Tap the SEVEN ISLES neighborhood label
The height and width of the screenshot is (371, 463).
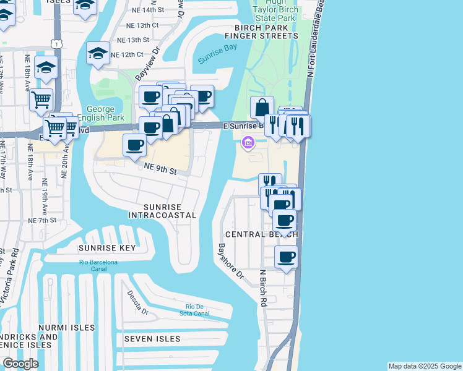(x=152, y=339)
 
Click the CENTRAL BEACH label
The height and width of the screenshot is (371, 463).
(x=262, y=235)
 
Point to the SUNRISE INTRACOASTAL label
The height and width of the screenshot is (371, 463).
(x=162, y=211)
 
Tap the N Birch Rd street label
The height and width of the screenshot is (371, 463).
(x=263, y=288)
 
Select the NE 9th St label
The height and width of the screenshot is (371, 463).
(x=160, y=169)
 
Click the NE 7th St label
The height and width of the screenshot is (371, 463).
(x=42, y=220)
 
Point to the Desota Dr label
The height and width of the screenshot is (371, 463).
(x=138, y=302)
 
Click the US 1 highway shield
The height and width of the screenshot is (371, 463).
(x=57, y=43)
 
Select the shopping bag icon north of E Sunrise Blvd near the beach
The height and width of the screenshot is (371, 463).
(x=262, y=107)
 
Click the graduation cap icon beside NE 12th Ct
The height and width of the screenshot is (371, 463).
(x=98, y=53)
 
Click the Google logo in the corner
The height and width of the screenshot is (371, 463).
(x=20, y=364)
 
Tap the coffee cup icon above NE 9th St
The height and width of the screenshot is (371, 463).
(x=134, y=145)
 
